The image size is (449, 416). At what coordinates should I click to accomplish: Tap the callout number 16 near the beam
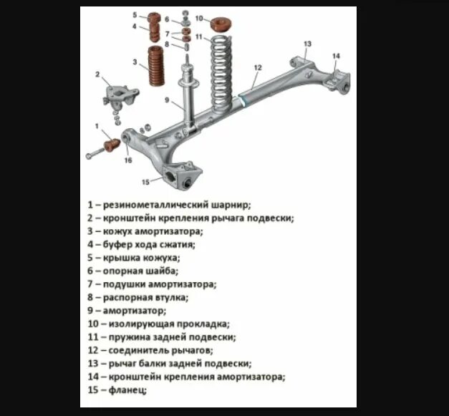[129, 160]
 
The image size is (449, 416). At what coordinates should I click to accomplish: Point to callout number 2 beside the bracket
[97, 74]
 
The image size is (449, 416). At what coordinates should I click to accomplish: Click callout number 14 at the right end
[336, 56]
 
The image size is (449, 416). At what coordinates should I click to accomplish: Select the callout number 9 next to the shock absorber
[167, 100]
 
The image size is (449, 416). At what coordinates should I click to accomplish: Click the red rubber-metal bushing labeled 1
[112, 146]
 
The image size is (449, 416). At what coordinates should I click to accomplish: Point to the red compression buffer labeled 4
[154, 33]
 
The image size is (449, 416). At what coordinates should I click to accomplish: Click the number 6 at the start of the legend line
[90, 271]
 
